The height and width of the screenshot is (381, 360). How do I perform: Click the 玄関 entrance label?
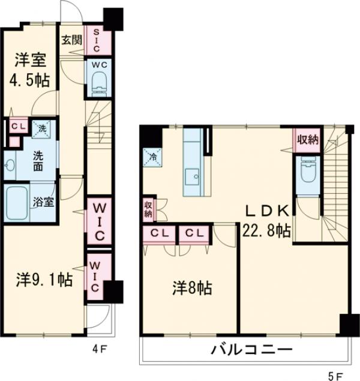pyautogui.click(x=71, y=41)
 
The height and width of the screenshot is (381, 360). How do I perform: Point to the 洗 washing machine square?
pyautogui.click(x=42, y=127)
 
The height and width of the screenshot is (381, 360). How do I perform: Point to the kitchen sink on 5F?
pyautogui.click(x=194, y=176)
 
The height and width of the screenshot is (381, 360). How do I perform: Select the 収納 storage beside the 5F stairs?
pyautogui.click(x=307, y=139)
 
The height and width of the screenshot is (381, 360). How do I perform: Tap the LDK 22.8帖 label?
pyautogui.click(x=267, y=221)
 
